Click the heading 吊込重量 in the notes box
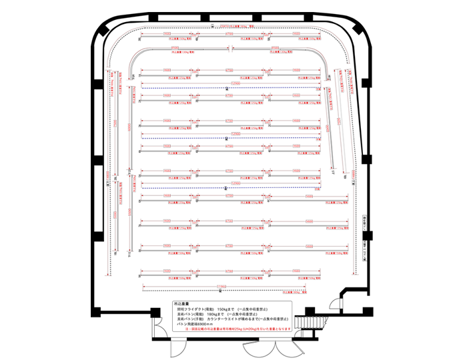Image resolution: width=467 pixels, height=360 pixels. click(181, 304)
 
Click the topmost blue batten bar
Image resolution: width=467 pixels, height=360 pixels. click(227, 87)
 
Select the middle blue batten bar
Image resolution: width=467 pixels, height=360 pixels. click(227, 139)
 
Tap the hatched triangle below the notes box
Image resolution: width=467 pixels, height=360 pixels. click(250, 344)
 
